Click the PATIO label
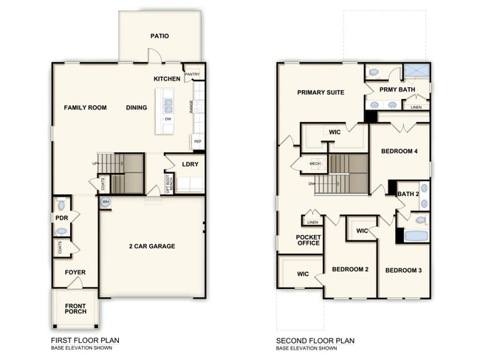tap(160, 35)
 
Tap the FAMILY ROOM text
tap(85, 108)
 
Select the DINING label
tap(136, 108)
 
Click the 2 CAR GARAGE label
tap(152, 246)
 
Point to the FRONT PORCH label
tap(75, 309)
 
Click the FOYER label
tap(75, 272)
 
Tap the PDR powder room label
tap(61, 218)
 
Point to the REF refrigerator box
tap(197, 140)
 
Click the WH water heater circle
tap(105, 202)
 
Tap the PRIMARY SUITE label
tap(321, 92)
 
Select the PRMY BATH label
tap(397, 89)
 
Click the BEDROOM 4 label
tap(400, 152)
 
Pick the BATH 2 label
tap(408, 194)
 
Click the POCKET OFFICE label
tap(308, 241)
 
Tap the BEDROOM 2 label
tap(350, 270)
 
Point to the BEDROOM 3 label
tap(403, 271)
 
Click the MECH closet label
tap(315, 165)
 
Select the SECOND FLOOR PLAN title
tap(315, 341)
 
